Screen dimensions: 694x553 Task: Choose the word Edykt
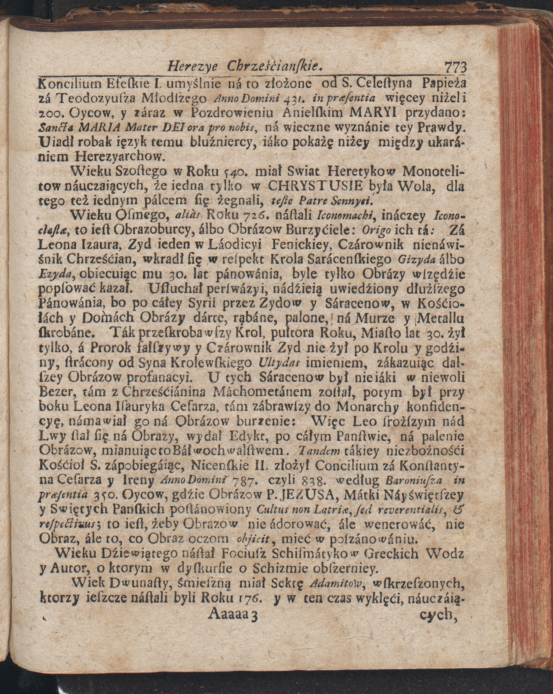[251, 437]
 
